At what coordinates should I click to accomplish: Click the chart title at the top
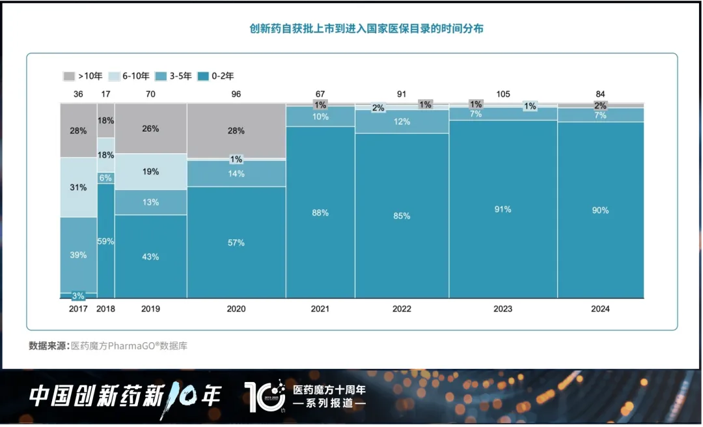point(366,29)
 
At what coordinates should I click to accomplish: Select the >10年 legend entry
point(83,76)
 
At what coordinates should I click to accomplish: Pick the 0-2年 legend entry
point(215,76)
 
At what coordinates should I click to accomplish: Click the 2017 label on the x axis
point(78,309)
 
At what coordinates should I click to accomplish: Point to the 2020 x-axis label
point(236,309)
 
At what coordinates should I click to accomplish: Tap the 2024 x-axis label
point(600,309)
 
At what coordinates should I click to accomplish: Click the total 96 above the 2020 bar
point(236,94)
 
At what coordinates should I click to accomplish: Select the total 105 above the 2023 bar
point(503,94)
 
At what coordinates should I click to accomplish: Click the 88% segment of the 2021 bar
point(320,213)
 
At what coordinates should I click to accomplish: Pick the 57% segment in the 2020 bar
point(236,243)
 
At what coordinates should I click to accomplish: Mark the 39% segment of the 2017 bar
point(78,255)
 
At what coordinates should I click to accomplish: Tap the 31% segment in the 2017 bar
point(78,188)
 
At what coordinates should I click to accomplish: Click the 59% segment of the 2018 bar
point(105,241)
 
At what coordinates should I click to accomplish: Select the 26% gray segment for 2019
point(150,128)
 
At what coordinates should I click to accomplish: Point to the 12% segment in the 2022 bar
point(402,122)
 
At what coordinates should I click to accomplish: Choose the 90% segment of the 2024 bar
point(600,210)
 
